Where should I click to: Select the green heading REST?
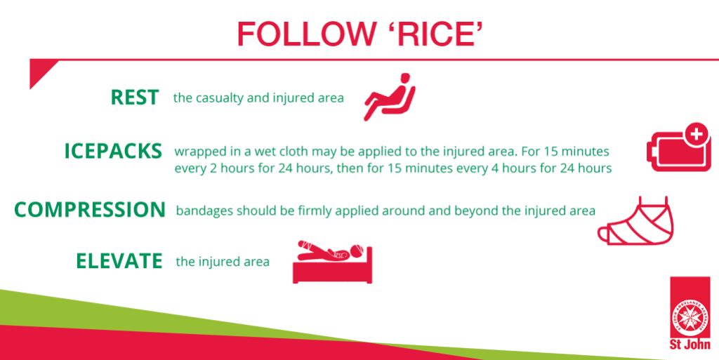click(x=135, y=98)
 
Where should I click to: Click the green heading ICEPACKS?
click(x=113, y=152)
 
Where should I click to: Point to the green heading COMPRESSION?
click(x=90, y=210)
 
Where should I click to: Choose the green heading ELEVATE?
click(x=119, y=261)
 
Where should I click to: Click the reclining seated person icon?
click(x=390, y=97)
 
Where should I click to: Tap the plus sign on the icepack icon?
click(x=696, y=135)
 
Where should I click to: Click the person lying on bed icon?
click(x=332, y=262)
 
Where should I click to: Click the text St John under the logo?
click(x=690, y=345)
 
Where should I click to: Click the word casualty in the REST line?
click(x=219, y=98)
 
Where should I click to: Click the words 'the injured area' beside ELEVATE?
click(x=223, y=262)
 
